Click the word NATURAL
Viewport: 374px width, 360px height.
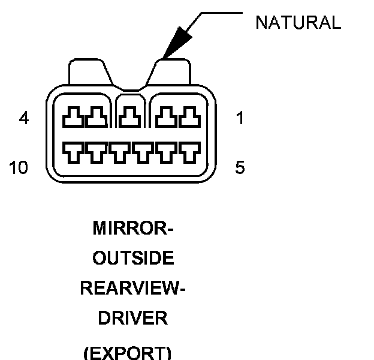pyautogui.click(x=298, y=23)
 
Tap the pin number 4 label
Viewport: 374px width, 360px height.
pyautogui.click(x=23, y=119)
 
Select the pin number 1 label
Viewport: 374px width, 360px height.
pyautogui.click(x=240, y=119)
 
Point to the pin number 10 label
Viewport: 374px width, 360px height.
pyautogui.click(x=19, y=168)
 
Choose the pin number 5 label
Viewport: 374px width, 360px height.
pyautogui.click(x=240, y=168)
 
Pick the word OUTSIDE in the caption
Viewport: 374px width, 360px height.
pyautogui.click(x=133, y=259)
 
